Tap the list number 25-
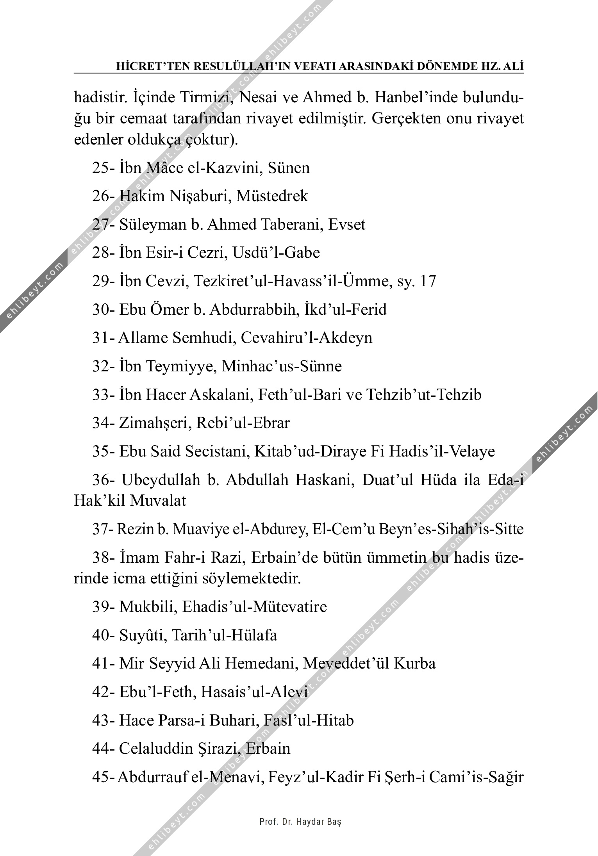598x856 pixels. pyautogui.click(x=104, y=168)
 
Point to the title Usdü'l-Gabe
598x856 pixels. pyautogui.click(x=276, y=253)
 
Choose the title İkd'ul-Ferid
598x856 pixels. pyautogui.click(x=346, y=310)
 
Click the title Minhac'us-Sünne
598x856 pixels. pyautogui.click(x=282, y=366)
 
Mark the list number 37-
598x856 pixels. pyautogui.click(x=103, y=529)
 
